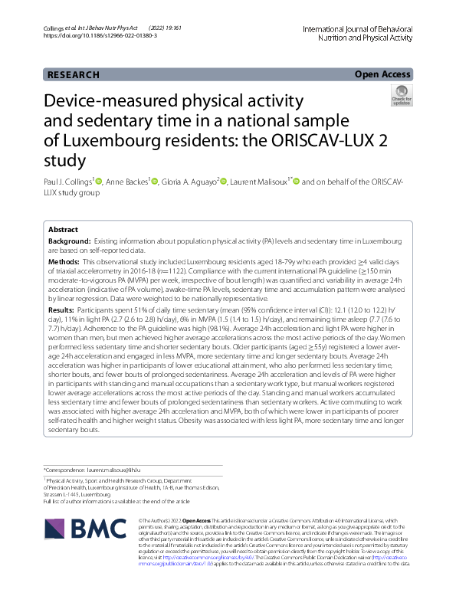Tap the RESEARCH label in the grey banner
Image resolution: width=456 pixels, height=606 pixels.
point(73,75)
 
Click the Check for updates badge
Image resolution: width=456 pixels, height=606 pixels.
point(401,97)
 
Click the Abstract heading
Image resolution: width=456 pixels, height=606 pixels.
point(63,230)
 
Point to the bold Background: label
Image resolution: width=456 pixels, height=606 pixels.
point(68,241)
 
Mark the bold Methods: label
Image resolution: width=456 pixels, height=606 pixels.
point(64,262)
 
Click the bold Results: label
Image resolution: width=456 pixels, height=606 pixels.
point(62,310)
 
